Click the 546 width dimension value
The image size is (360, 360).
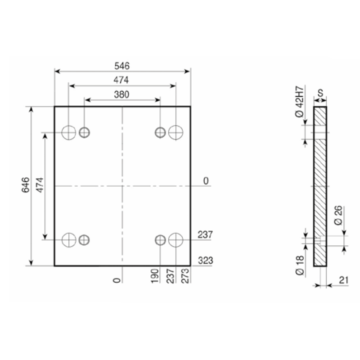[122, 66]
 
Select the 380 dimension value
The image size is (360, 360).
[121, 94]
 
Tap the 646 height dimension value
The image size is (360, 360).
[26, 185]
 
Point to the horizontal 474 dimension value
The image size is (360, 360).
[121, 80]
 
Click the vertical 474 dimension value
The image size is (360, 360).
[40, 185]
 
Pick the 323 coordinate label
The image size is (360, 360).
[206, 261]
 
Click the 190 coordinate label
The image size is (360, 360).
[155, 276]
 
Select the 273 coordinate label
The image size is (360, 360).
[185, 276]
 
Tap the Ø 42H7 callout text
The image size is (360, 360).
[299, 102]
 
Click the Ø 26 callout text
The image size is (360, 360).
[338, 216]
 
